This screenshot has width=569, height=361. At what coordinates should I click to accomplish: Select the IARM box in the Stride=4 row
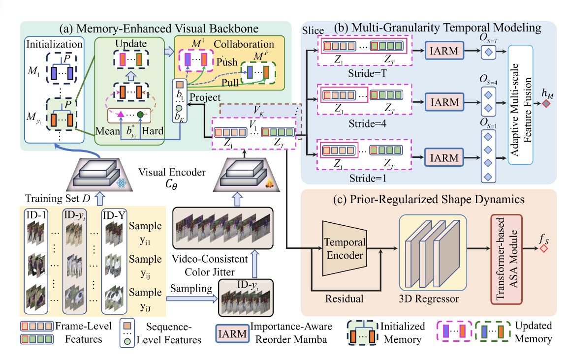tap(443, 103)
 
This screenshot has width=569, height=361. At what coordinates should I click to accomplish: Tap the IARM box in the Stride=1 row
tap(443, 157)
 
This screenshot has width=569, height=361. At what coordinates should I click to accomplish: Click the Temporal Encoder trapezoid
tap(345, 249)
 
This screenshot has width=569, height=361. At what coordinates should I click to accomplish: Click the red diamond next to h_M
tap(546, 104)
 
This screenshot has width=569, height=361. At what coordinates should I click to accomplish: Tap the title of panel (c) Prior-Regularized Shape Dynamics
tap(429, 200)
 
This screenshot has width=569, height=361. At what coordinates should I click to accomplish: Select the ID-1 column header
tap(36, 215)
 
